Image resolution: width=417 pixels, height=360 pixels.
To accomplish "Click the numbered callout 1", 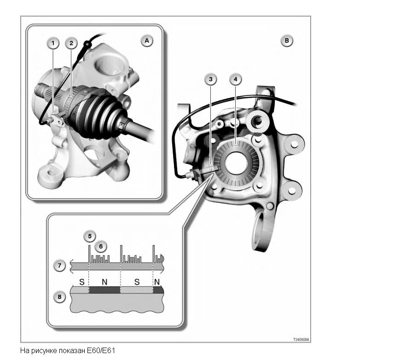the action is [53, 43].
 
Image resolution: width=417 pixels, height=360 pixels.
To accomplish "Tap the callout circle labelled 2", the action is [71, 43].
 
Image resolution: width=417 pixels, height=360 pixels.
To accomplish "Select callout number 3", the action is [211, 79].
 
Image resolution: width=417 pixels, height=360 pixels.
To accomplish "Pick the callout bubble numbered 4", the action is [235, 79].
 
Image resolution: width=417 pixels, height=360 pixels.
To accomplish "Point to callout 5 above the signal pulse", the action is [90, 236].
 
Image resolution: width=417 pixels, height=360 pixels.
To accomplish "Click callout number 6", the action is [101, 246].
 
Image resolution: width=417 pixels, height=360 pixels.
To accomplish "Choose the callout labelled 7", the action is [59, 265].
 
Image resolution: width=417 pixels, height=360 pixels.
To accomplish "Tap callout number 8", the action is [59, 297].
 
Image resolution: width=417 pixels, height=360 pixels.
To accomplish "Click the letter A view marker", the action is [147, 40].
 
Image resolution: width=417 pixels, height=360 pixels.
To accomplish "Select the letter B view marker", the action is [287, 40].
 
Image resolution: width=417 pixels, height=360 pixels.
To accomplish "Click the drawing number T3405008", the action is [301, 340].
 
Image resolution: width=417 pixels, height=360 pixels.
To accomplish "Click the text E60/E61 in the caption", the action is [101, 351].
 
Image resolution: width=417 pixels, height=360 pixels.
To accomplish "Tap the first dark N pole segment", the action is [104, 290].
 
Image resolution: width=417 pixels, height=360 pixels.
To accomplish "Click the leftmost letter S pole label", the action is [82, 282].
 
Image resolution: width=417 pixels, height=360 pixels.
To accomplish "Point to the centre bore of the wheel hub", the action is [237, 163].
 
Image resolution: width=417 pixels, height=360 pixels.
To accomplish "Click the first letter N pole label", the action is [104, 282].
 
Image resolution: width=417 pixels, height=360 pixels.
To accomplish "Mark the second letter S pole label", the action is [137, 282].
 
